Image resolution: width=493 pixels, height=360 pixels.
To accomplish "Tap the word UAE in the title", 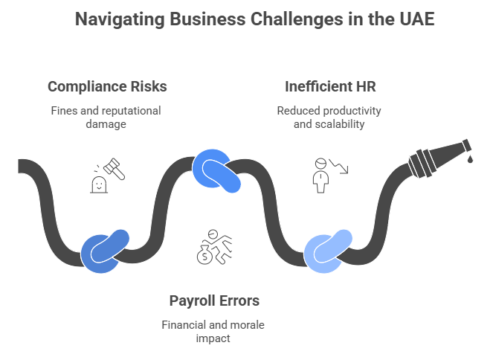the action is (417, 19).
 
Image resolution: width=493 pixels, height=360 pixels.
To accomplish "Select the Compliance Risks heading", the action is (107, 86).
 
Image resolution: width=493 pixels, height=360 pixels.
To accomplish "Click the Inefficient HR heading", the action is (330, 86).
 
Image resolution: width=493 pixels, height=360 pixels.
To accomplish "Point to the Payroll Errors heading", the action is (214, 300).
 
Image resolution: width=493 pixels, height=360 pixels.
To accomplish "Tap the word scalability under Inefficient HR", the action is (340, 124).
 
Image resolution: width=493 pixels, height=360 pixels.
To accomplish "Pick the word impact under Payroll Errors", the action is (213, 338).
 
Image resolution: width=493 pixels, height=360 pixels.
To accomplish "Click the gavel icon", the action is (114, 169).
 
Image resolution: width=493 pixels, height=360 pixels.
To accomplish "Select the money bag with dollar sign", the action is (204, 255).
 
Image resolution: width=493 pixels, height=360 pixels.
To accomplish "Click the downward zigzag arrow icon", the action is (339, 166).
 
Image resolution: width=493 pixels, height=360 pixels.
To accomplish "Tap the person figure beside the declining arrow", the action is (320, 176).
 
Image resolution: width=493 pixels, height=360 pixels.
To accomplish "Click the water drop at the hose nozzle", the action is (470, 159).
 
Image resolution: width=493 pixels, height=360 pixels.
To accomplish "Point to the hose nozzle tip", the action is (466, 145).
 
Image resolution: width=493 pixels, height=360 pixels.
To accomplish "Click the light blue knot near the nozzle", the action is (328, 251).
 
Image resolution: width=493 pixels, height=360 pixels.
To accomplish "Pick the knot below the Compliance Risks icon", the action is (105, 251).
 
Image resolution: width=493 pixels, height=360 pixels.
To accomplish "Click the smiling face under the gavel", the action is (99, 184).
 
